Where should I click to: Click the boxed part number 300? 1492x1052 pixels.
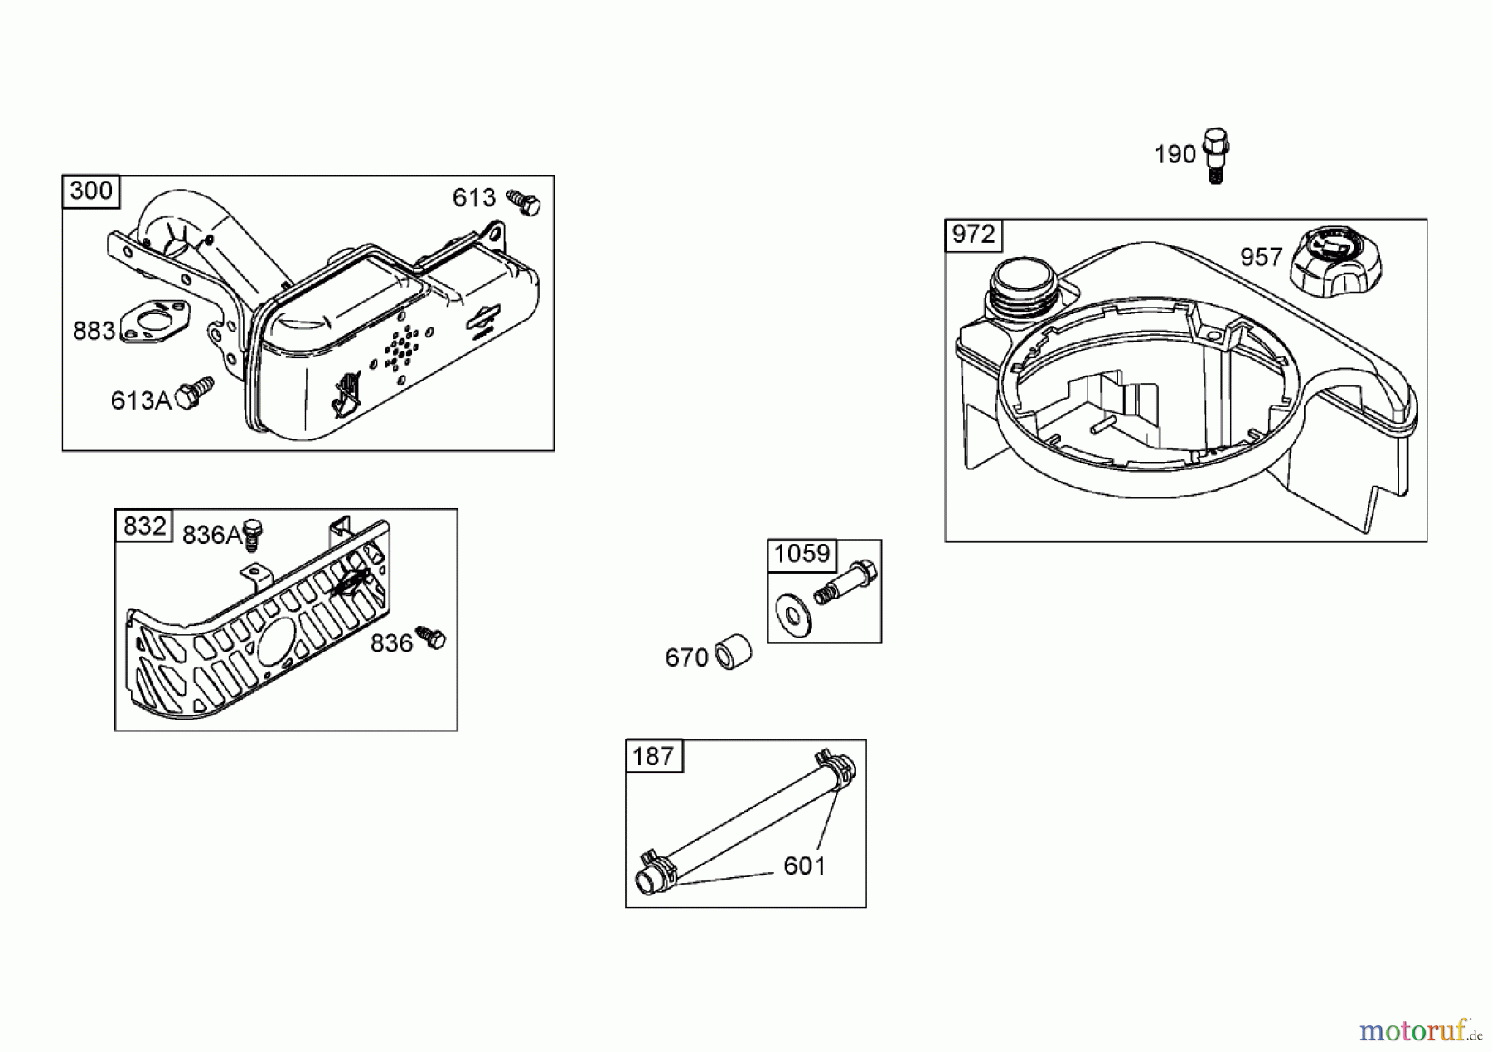tap(91, 191)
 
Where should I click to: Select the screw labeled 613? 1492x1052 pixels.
tap(524, 202)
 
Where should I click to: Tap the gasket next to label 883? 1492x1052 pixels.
tap(155, 322)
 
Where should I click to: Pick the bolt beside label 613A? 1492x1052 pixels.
tap(195, 394)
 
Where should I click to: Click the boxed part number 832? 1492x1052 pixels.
tap(145, 526)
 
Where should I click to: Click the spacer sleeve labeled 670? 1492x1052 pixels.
tap(734, 652)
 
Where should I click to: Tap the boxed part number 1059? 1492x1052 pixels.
tap(802, 554)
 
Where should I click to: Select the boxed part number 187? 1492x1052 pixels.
tap(653, 756)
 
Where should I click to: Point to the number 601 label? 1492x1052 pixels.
tap(804, 866)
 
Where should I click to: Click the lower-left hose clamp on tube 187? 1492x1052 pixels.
tap(655, 871)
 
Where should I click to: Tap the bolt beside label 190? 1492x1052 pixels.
tap(1215, 155)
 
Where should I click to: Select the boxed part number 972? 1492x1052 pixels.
tap(973, 235)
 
